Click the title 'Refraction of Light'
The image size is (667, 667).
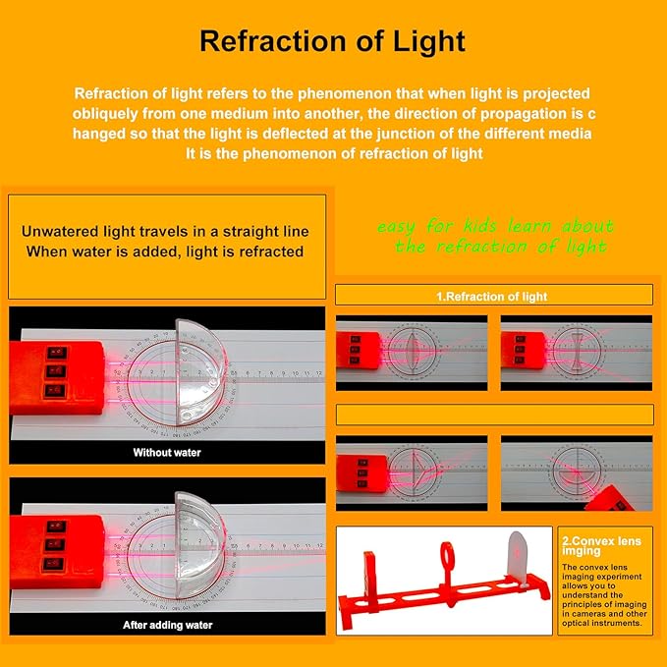point(332,42)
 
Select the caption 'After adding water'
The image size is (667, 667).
point(167,625)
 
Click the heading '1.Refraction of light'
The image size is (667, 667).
point(492,296)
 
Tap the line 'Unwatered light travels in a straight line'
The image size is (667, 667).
point(167,232)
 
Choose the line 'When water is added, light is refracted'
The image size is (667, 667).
point(165,251)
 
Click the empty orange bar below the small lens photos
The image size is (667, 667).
point(494,414)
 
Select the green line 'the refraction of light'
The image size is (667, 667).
point(500,247)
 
